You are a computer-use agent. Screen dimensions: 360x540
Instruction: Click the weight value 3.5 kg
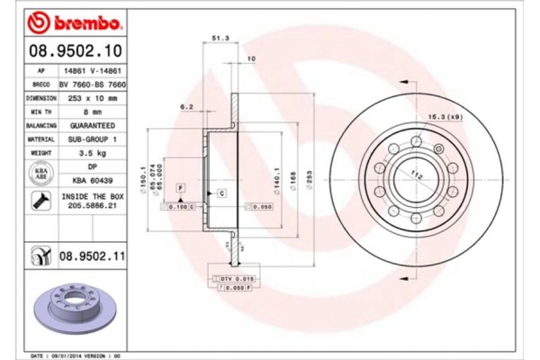tap(91, 153)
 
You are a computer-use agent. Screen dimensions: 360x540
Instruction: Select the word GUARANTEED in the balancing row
tap(91, 127)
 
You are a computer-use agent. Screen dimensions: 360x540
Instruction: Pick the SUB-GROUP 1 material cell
tap(91, 139)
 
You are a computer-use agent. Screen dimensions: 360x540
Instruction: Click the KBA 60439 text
tap(91, 179)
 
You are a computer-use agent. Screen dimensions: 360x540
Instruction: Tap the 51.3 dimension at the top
tap(217, 38)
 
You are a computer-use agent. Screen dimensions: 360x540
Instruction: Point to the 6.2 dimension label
tap(187, 106)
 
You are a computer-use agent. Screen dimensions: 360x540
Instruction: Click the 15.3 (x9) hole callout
tap(445, 117)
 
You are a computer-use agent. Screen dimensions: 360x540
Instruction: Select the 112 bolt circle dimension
tap(417, 175)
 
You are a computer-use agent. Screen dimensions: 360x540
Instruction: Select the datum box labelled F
tap(182, 186)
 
